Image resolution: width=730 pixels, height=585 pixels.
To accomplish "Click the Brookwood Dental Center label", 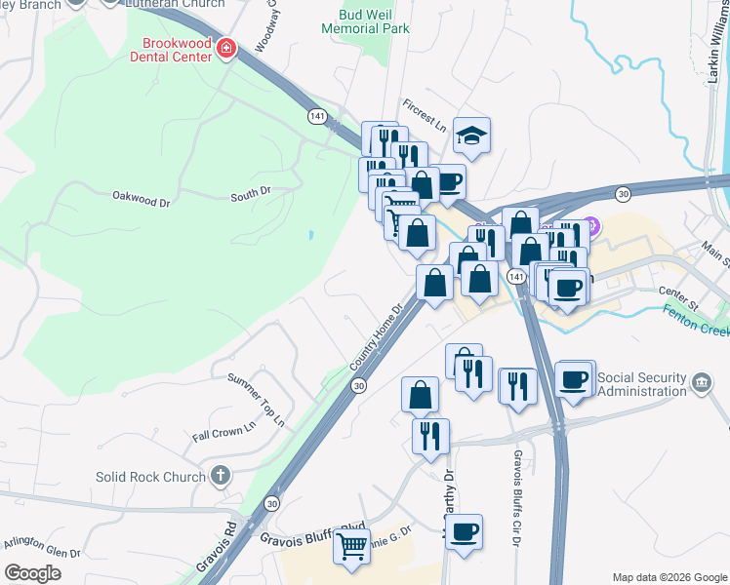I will coord(177,50).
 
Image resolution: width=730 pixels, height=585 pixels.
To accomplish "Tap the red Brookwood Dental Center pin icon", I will coord(226,48).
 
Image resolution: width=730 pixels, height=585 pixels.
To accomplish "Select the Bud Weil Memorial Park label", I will coord(374,20).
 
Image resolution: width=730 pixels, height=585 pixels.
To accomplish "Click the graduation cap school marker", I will coord(472,136).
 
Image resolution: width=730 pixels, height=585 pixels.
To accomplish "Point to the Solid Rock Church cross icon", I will coord(222,476).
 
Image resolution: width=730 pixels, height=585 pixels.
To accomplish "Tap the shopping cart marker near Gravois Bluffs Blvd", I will coord(351,545).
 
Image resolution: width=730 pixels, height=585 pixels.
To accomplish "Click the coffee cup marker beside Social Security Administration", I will coord(574,378).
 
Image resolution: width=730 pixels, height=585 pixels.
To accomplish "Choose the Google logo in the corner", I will coord(32,573).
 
